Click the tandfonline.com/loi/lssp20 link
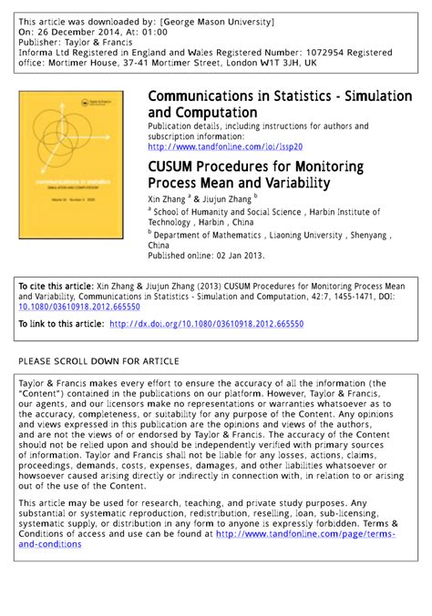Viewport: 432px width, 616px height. (224, 146)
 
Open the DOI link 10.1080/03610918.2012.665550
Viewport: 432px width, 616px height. (78, 308)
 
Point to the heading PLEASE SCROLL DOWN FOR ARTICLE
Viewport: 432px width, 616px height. (98, 362)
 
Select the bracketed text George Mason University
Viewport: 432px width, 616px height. (217, 20)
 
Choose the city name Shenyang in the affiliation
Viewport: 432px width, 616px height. (365, 234)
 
